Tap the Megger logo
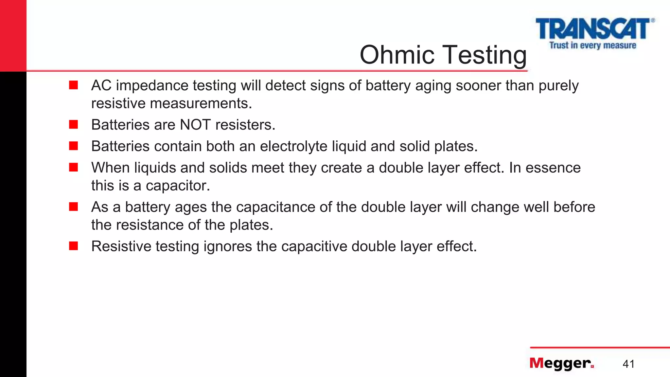[561, 363]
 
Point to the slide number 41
[628, 364]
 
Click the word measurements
[201, 103]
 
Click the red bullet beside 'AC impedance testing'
[74, 85]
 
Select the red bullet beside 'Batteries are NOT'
[74, 124]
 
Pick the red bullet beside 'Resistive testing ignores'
[74, 246]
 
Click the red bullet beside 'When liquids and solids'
[74, 167]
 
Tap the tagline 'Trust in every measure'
[592, 45]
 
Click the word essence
[553, 168]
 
